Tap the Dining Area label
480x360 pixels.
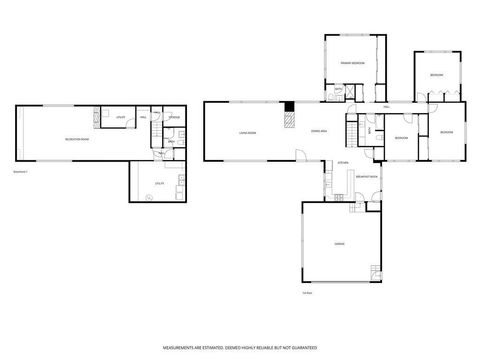318,131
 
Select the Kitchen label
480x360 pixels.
341,162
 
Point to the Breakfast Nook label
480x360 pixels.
367,177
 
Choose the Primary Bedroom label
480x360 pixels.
351,62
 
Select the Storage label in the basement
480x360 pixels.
173,119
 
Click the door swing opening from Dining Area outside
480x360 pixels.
299,154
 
